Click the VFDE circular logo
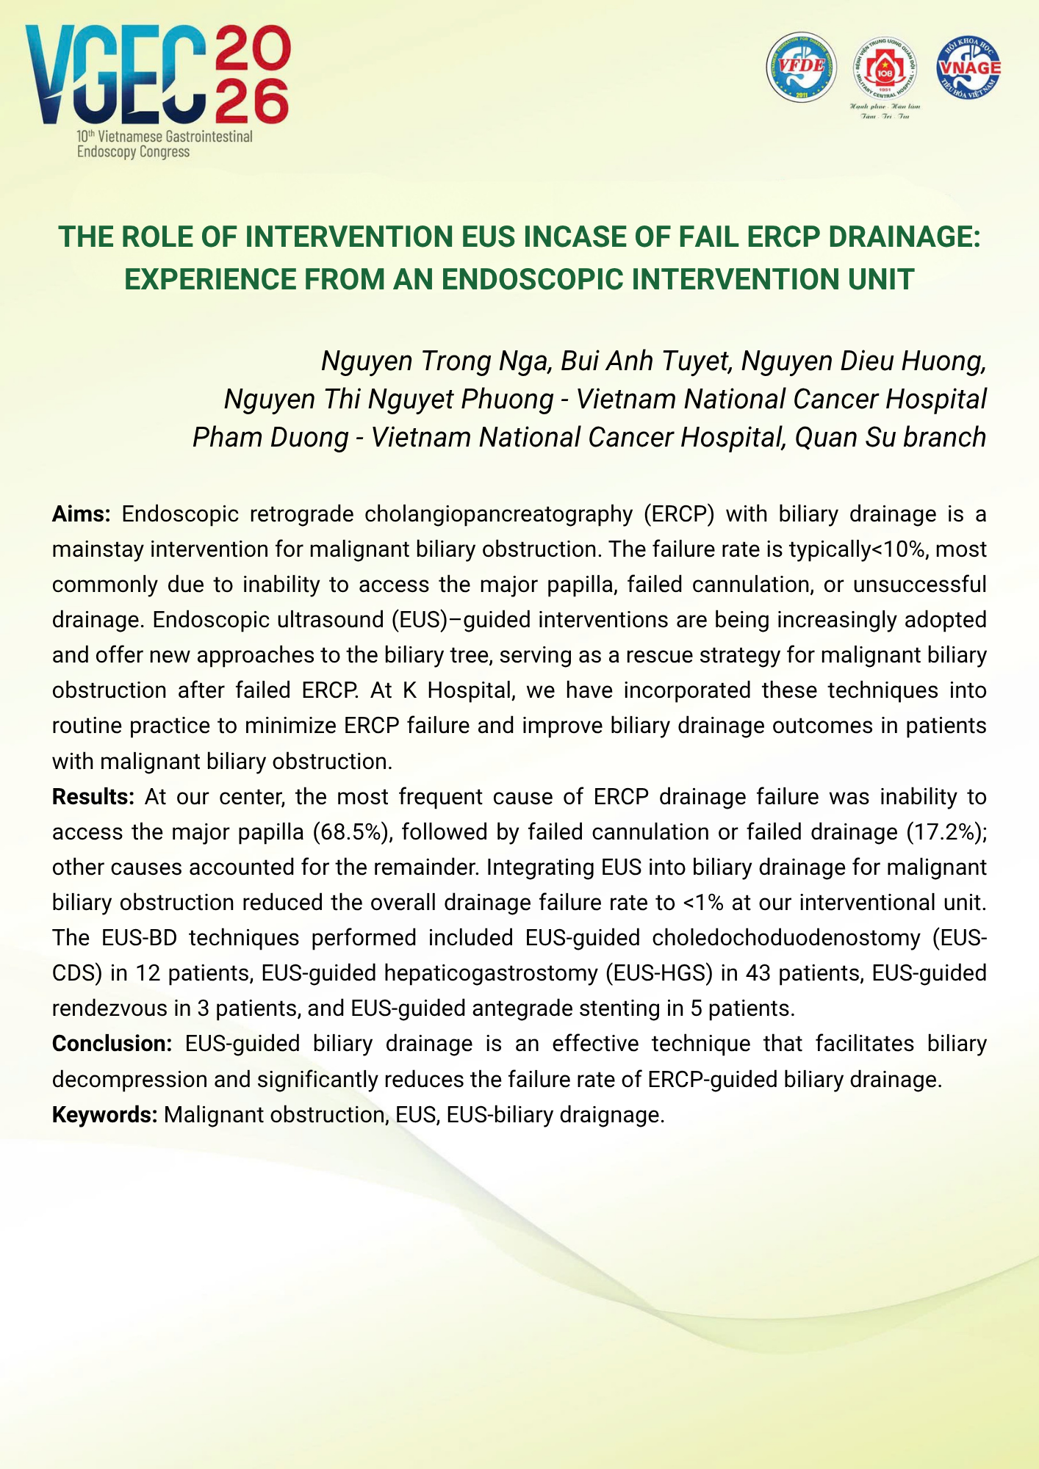click(x=802, y=67)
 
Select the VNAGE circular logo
click(x=968, y=67)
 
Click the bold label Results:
click(x=93, y=797)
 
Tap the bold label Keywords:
click(x=104, y=1115)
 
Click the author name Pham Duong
click(x=270, y=438)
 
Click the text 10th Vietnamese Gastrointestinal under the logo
click(x=165, y=137)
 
